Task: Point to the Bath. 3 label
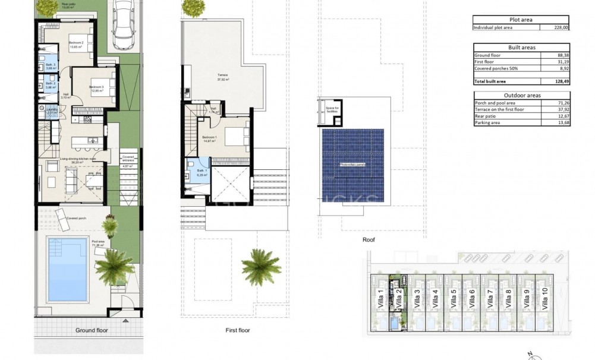(x=51, y=65)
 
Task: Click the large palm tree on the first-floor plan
(x=260, y=264)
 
